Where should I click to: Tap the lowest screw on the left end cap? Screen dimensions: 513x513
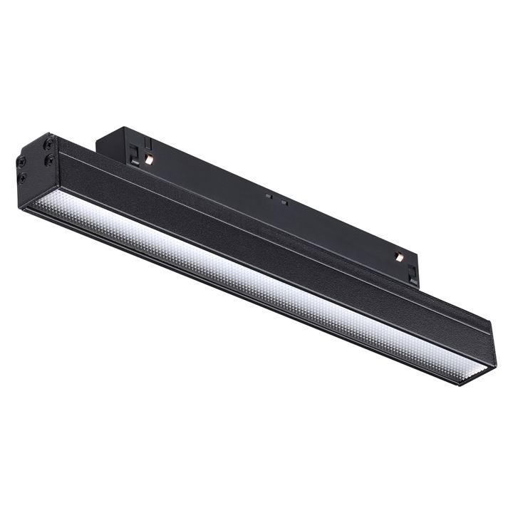[x=22, y=177]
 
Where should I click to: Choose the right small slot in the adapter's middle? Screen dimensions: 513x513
[x=284, y=202]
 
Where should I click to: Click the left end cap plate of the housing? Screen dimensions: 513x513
[x=32, y=171]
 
